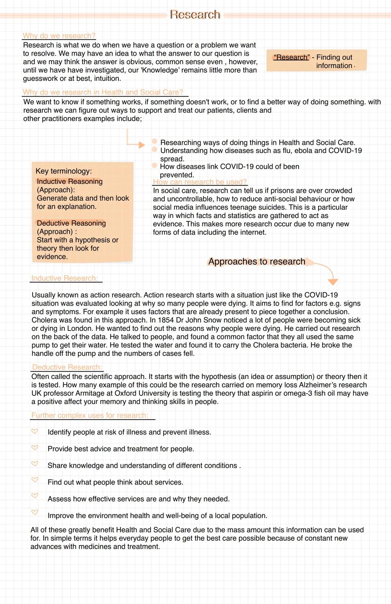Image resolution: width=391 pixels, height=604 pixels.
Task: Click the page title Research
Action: pyautogui.click(x=195, y=14)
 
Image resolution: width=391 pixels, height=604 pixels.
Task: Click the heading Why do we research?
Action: pyautogui.click(x=59, y=36)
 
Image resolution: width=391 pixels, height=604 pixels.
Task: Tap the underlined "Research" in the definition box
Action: pyautogui.click(x=291, y=57)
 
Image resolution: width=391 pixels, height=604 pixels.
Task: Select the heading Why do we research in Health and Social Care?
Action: pyautogui.click(x=103, y=92)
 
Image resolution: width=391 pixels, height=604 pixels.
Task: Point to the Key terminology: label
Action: pyautogui.click(x=64, y=171)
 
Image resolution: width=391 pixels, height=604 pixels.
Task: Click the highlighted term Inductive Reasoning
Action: pyautogui.click(x=70, y=181)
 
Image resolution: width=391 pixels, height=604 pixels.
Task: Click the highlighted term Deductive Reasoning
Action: pyautogui.click(x=71, y=223)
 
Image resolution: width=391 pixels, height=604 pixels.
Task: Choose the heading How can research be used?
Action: pyautogui.click(x=199, y=182)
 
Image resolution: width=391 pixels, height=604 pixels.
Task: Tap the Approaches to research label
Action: pyautogui.click(x=257, y=262)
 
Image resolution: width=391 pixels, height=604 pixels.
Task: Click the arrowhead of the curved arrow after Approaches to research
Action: pyautogui.click(x=332, y=282)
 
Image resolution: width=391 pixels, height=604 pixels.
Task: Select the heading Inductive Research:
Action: pyautogui.click(x=64, y=278)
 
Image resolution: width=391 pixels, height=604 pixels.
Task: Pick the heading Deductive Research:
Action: pyautogui.click(x=67, y=367)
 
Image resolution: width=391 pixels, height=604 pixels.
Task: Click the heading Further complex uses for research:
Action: pyautogui.click(x=89, y=415)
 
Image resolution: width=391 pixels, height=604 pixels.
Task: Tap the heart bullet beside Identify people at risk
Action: pyautogui.click(x=35, y=431)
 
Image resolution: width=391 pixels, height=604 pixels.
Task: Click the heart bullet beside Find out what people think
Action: pyautogui.click(x=35, y=480)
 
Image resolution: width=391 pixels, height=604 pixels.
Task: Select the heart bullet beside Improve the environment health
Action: pyautogui.click(x=35, y=512)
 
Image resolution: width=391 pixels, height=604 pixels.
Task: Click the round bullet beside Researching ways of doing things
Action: pyautogui.click(x=155, y=141)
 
